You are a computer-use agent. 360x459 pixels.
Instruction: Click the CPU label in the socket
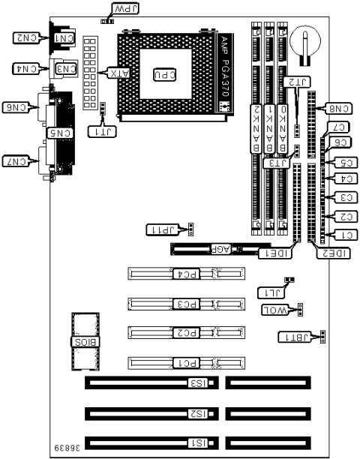point(163,74)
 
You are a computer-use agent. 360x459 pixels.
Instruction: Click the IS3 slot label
point(196,383)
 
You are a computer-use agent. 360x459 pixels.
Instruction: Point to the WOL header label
point(275,309)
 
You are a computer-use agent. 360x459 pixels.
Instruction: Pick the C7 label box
point(337,127)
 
